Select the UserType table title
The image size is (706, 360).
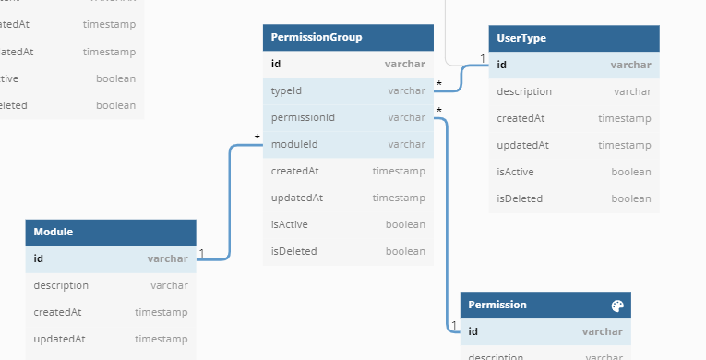[x=521, y=38]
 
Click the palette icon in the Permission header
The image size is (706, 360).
[x=618, y=306]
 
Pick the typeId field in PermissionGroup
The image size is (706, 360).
[x=287, y=90]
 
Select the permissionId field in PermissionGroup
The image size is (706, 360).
[x=303, y=117]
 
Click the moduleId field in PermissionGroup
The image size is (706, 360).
[x=294, y=144]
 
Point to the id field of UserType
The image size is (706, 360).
[x=501, y=65]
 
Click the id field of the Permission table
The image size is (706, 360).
[x=473, y=331]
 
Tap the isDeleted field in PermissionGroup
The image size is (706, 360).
[x=293, y=251]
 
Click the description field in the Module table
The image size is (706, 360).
[x=61, y=286]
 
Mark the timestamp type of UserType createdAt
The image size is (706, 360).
[x=624, y=118]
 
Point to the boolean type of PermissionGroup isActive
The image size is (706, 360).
[x=404, y=224]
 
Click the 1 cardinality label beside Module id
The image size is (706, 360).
[x=201, y=252]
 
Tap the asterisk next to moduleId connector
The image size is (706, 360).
[x=257, y=138]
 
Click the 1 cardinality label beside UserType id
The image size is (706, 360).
[x=482, y=58]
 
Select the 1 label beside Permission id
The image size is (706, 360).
[x=453, y=325]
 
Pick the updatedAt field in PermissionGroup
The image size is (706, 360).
[x=296, y=198]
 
